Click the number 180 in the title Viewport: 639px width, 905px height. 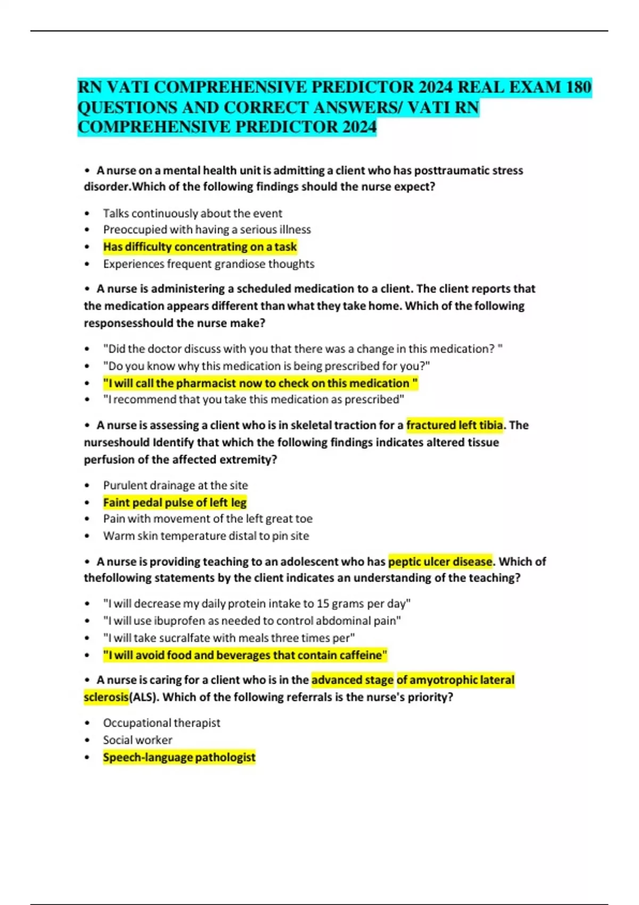(x=578, y=87)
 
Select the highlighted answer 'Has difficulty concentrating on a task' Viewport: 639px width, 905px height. (x=200, y=247)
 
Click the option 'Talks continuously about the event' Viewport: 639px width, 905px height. (x=192, y=213)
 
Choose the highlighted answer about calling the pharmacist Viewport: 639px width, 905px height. (x=260, y=383)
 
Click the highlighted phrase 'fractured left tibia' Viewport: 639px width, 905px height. (x=454, y=425)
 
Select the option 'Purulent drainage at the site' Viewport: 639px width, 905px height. (x=175, y=486)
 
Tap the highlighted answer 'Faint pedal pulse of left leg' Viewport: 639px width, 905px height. (x=175, y=503)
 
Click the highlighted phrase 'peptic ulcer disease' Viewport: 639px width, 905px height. (x=440, y=562)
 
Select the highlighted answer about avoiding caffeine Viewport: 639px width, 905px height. (x=245, y=655)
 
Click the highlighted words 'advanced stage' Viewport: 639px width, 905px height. (x=352, y=680)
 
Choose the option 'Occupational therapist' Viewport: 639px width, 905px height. (x=161, y=723)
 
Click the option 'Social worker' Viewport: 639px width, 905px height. (x=137, y=740)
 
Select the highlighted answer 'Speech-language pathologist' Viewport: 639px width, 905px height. (x=179, y=758)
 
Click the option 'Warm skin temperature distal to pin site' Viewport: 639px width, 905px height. (x=206, y=536)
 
